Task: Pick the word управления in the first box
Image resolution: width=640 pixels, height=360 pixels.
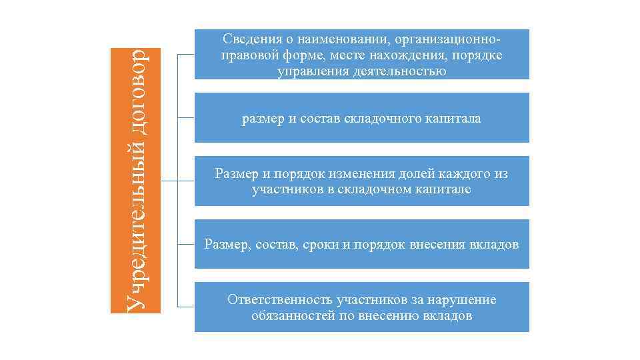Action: pos(309,71)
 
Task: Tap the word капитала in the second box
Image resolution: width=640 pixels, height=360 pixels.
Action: pos(453,119)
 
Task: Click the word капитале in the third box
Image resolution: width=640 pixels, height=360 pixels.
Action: pos(445,190)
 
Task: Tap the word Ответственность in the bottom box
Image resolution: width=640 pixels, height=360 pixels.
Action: pos(279,300)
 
